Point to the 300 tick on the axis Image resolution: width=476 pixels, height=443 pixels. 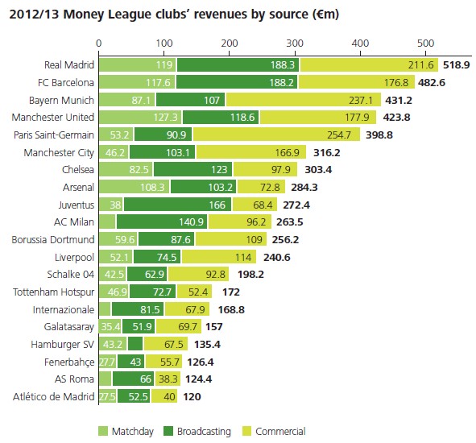click(x=294, y=42)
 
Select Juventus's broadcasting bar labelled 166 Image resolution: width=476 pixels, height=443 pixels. click(x=178, y=205)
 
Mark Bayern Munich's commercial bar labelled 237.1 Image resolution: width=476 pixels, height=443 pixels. click(x=271, y=100)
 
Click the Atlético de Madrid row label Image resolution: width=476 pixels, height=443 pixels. click(x=52, y=397)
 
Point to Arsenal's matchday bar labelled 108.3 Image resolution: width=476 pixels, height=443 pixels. click(x=134, y=187)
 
